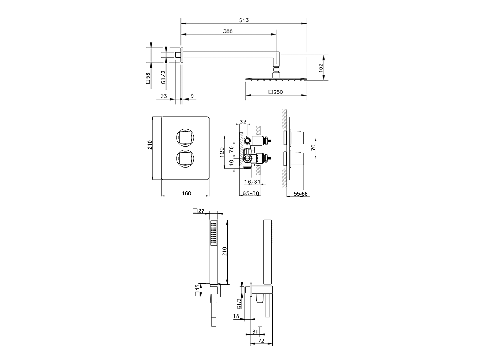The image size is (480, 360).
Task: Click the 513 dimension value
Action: coord(244,20)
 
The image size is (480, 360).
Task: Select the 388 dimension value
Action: coord(228,31)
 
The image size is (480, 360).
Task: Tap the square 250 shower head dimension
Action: coord(276,92)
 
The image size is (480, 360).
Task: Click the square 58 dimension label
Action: coord(148,78)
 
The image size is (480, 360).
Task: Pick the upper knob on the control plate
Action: coord(184,137)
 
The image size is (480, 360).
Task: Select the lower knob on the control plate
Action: coord(184,158)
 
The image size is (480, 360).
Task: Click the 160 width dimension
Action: coord(186,193)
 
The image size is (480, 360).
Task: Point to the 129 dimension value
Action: coord(222,153)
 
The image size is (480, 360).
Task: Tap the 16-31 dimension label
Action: coord(252,182)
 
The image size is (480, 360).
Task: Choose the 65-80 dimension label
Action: coord(251,193)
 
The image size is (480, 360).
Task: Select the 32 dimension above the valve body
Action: coord(243,121)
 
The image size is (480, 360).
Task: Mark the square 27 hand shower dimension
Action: coord(198,211)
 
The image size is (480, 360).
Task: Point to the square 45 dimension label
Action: coord(197,290)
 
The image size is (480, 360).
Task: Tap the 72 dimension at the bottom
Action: coord(261,341)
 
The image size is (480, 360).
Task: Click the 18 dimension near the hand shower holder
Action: coord(236,316)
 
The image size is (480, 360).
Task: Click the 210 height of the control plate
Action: coord(150,145)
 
